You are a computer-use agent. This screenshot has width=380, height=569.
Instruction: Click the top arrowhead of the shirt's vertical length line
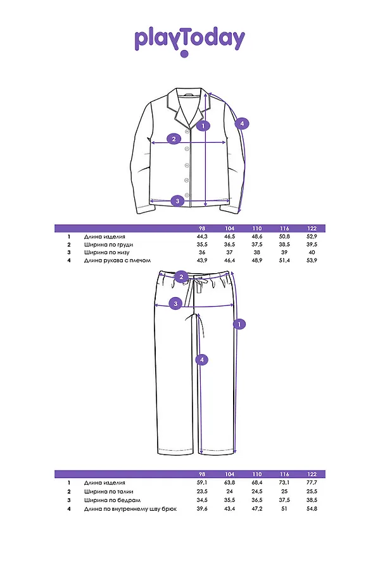pyautogui.click(x=206, y=94)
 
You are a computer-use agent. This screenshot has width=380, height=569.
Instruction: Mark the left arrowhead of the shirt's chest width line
pyautogui.click(x=152, y=143)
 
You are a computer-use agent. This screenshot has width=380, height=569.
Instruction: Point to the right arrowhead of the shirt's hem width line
pyautogui.click(x=229, y=200)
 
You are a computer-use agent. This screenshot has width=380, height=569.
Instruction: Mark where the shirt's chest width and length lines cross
pyautogui.click(x=206, y=143)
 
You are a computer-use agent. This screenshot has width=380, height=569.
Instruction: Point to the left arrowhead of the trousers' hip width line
pyautogui.click(x=156, y=305)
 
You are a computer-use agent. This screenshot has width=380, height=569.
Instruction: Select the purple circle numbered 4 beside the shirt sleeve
pyautogui.click(x=242, y=123)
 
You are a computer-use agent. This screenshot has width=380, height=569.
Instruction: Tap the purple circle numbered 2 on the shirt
pyautogui.click(x=174, y=138)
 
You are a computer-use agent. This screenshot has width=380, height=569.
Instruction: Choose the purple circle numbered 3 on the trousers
pyautogui.click(x=175, y=303)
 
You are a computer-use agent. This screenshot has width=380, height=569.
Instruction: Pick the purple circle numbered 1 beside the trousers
pyautogui.click(x=239, y=324)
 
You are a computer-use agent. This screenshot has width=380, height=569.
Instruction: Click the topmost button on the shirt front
pyautogui.click(x=187, y=132)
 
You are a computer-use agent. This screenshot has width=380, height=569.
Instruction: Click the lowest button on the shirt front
pyautogui.click(x=187, y=195)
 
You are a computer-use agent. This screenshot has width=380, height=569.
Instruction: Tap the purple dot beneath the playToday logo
pyautogui.click(x=185, y=54)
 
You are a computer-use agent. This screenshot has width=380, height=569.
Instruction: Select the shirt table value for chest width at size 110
pyautogui.click(x=257, y=244)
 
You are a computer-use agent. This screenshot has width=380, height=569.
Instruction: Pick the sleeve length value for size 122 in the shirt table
pyautogui.click(x=312, y=260)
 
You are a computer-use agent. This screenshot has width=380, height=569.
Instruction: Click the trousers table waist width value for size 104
pyautogui.click(x=230, y=491)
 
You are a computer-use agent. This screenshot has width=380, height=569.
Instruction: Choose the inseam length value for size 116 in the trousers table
pyautogui.click(x=284, y=509)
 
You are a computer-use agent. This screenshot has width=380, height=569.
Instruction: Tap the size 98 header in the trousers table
pyautogui.click(x=202, y=474)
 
